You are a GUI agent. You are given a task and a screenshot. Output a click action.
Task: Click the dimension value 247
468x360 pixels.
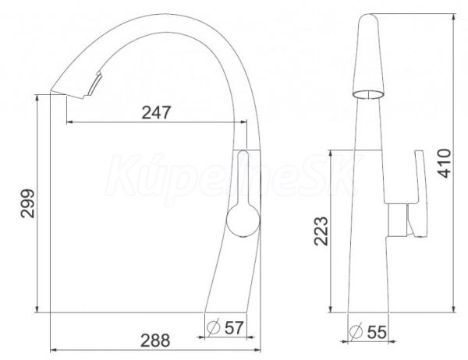coord(156,112)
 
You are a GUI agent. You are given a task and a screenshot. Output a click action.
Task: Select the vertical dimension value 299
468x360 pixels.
coord(28,203)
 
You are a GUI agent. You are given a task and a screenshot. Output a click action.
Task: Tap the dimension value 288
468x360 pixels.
coord(155,341)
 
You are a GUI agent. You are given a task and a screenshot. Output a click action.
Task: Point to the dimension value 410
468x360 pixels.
coord(445,163)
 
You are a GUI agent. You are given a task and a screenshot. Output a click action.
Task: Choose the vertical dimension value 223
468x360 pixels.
coord(321,231)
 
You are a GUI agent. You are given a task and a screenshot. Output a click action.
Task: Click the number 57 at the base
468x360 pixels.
coord(234,327)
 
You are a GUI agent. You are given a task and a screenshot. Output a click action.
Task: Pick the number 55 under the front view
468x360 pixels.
coord(377,332)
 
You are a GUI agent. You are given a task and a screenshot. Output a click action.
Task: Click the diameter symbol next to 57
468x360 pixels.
coord(214,327)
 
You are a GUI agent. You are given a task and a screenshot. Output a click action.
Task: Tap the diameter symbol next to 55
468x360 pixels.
coord(356,331)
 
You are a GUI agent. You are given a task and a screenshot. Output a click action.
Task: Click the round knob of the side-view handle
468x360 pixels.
coord(243,220)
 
